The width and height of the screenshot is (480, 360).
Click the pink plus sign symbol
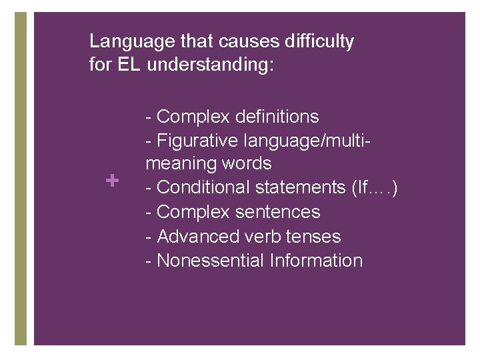click(112, 180)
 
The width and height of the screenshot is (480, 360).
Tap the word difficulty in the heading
click(319, 42)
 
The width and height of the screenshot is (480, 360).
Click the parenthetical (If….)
click(374, 188)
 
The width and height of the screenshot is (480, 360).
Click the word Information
click(316, 260)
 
